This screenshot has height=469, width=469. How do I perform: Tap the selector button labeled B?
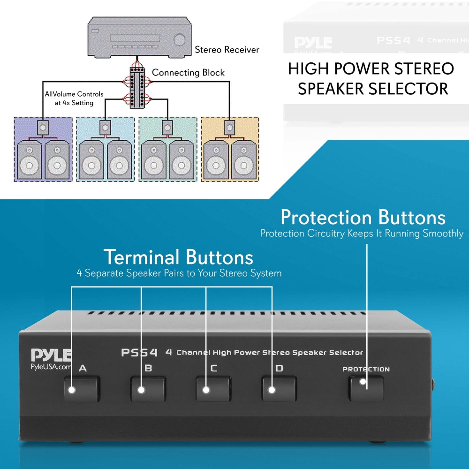pyautogui.click(x=148, y=389)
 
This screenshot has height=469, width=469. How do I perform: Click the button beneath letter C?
pyautogui.click(x=213, y=389)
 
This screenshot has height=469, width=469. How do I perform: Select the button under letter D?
pyautogui.click(x=279, y=389)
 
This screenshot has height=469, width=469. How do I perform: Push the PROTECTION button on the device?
pyautogui.click(x=366, y=388)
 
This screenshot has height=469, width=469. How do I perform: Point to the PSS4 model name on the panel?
pyautogui.click(x=139, y=352)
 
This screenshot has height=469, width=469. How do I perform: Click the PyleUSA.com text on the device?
pyautogui.click(x=51, y=367)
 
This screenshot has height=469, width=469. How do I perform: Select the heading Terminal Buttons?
pyautogui.click(x=178, y=257)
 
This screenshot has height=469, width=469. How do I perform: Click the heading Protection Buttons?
pyautogui.click(x=363, y=218)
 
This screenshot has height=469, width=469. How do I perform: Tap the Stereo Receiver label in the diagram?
pyautogui.click(x=227, y=49)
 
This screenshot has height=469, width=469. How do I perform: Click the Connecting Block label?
pyautogui.click(x=188, y=73)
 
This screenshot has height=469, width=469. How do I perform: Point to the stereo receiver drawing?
pyautogui.click(x=140, y=38)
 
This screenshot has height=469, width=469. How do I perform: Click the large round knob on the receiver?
pyautogui.click(x=179, y=40)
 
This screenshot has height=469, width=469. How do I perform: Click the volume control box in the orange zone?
pyautogui.click(x=229, y=126)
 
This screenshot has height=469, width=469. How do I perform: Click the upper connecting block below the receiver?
pyautogui.click(x=138, y=76)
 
